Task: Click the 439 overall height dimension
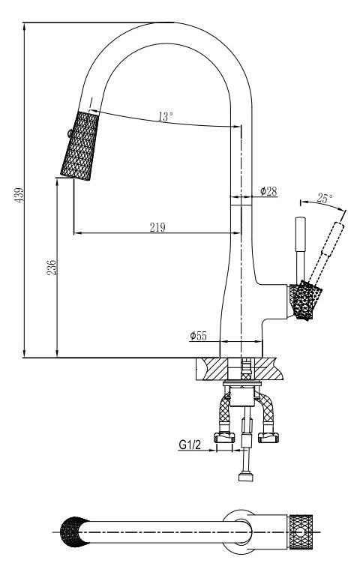pyautogui.click(x=19, y=195)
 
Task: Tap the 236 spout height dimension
pyautogui.click(x=52, y=268)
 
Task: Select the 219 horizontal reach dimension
pyautogui.click(x=157, y=227)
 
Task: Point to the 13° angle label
pyautogui.click(x=165, y=116)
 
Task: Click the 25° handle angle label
pyautogui.click(x=325, y=198)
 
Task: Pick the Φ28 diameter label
pyautogui.click(x=268, y=191)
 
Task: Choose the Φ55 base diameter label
pyautogui.click(x=198, y=336)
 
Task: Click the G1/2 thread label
pyautogui.click(x=190, y=445)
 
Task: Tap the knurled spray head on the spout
pyautogui.click(x=79, y=145)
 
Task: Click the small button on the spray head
pyautogui.click(x=69, y=133)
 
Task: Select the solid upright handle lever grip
pyautogui.click(x=300, y=235)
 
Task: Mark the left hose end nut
pyautogui.click(x=224, y=438)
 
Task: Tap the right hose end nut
pyautogui.click(x=268, y=438)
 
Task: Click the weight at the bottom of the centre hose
pyautogui.click(x=246, y=478)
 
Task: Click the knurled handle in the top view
pyautogui.click(x=301, y=532)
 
